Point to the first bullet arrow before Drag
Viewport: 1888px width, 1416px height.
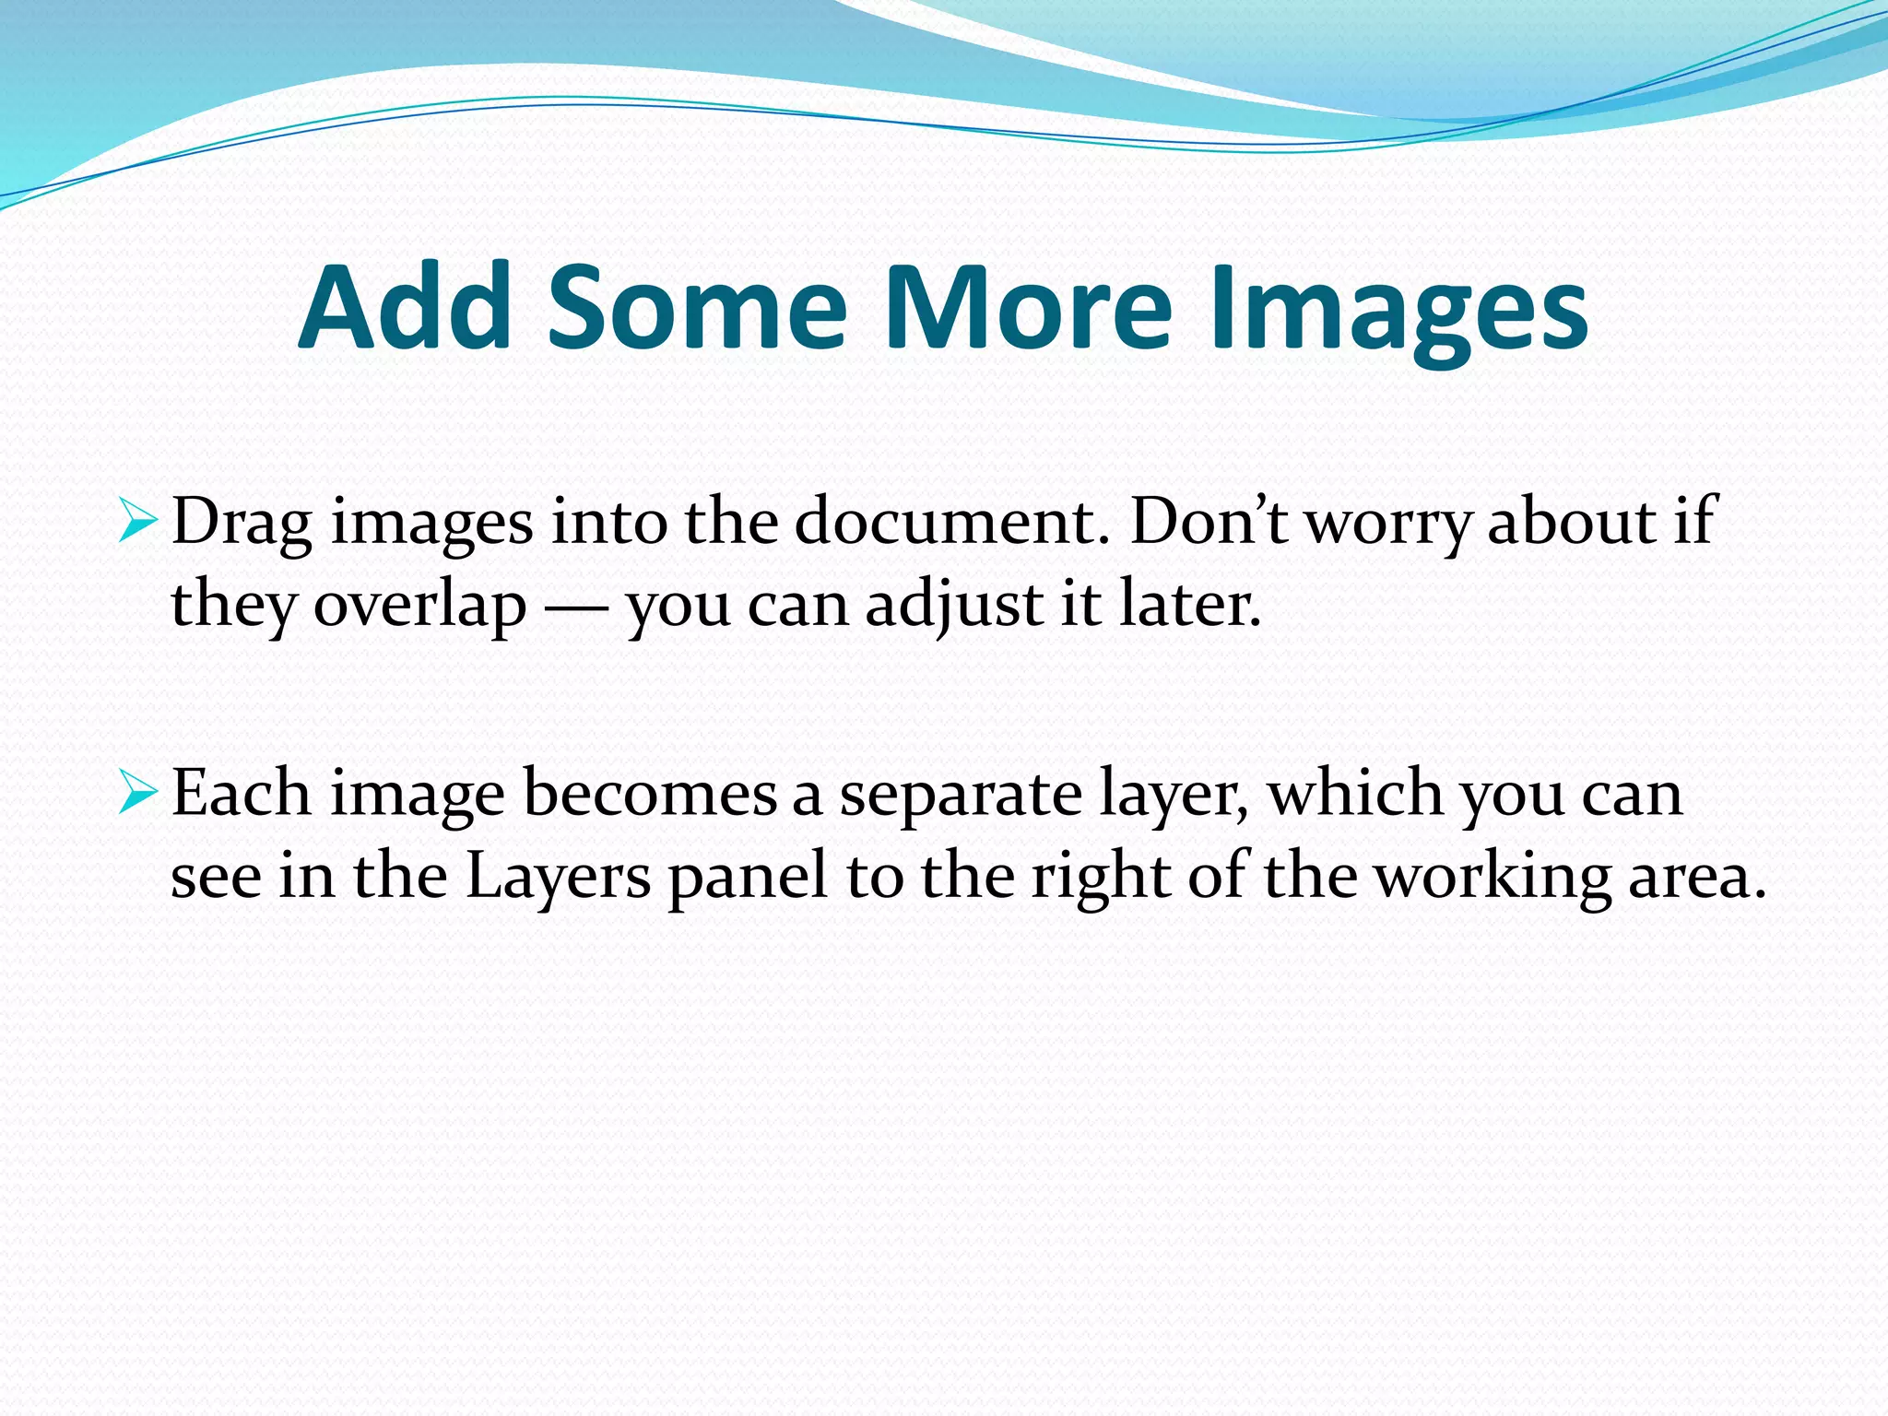[138, 525]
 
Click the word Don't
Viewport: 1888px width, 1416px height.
[1209, 522]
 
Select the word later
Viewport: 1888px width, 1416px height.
[1189, 605]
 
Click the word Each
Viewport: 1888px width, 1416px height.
[242, 793]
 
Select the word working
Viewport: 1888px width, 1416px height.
[1493, 878]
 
